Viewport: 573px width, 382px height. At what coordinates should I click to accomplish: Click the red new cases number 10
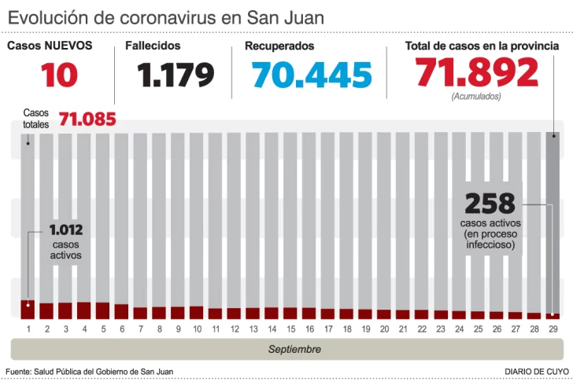(x=59, y=75)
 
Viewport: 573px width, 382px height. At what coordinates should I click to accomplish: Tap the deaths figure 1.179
(x=176, y=75)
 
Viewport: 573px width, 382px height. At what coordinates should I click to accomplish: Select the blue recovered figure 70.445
(x=312, y=75)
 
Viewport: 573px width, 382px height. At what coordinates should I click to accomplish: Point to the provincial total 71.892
(x=477, y=73)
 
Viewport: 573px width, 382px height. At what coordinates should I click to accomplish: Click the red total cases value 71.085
(x=87, y=119)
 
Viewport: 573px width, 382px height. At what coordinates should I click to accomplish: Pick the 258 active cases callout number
(x=490, y=204)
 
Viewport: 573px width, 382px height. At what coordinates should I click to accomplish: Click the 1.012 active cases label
(x=65, y=231)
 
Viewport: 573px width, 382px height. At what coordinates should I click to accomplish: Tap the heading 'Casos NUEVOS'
(x=50, y=46)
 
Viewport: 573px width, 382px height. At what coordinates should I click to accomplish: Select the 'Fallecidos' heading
(x=153, y=46)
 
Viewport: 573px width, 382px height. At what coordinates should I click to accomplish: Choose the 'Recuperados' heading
(x=279, y=46)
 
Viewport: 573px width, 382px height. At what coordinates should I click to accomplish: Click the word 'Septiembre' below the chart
(x=294, y=349)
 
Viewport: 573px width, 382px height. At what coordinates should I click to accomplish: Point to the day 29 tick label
(x=553, y=328)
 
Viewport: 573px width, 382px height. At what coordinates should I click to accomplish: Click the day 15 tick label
(x=291, y=328)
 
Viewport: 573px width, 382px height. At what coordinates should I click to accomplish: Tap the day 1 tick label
(x=28, y=328)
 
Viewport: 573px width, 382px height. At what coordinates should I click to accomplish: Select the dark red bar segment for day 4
(x=84, y=310)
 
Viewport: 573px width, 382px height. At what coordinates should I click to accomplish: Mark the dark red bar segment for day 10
(x=197, y=312)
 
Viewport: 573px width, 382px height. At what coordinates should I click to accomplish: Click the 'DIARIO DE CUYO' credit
(x=537, y=371)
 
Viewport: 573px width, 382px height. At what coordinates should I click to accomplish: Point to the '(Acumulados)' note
(x=475, y=96)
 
